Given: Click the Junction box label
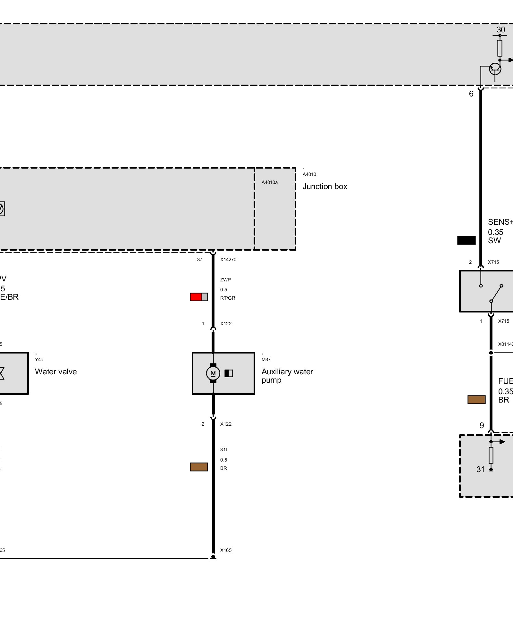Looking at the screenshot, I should point(325,187).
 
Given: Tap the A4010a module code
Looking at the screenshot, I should point(269,182).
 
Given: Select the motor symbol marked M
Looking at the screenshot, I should point(213,373).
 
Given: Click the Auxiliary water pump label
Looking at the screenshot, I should point(287,376).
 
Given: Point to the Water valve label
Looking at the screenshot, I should point(56,372).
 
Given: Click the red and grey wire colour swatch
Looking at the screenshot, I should point(199,297).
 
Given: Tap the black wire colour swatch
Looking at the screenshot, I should point(466,240).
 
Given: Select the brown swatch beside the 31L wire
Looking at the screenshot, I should point(199,467).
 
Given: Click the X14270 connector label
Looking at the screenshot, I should point(228,260).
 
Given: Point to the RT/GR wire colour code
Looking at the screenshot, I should point(228,298).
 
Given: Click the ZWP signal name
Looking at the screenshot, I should point(225,280).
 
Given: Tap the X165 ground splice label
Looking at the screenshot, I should point(226,550).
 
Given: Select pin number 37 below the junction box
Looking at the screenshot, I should point(200,260).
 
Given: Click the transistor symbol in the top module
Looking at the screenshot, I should point(495,69).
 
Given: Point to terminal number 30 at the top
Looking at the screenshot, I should point(501,30).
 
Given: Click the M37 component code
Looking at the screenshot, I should point(266,360).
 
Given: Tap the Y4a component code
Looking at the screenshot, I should point(39,360).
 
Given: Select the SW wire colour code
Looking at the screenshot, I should point(494,241).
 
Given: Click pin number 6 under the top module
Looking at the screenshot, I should point(471,94).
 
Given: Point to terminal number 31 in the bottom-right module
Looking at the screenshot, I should point(480,470).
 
